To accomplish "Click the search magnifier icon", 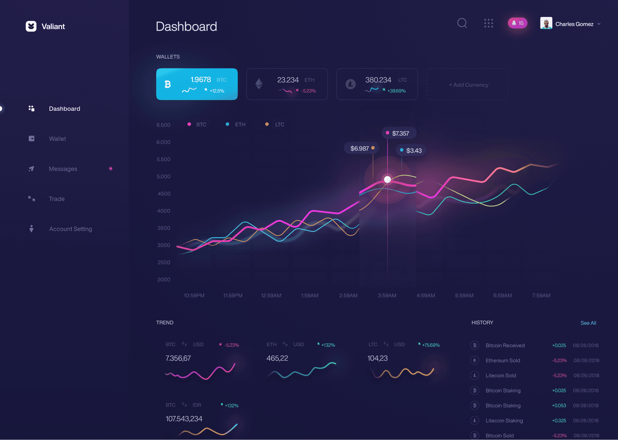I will (x=462, y=23).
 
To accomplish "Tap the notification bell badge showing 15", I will (x=518, y=23).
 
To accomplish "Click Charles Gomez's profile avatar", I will (x=546, y=23).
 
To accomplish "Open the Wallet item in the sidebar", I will (x=57, y=139).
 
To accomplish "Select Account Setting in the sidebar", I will (x=70, y=229).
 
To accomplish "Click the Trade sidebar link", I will (x=57, y=199).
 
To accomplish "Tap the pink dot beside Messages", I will (x=111, y=169).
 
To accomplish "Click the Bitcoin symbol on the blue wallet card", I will (x=168, y=84).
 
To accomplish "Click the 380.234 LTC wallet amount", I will (x=378, y=80).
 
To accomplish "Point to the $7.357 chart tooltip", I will (x=399, y=133).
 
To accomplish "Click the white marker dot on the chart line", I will (x=387, y=179).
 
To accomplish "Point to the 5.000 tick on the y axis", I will (x=163, y=177).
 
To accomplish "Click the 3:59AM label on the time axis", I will (x=387, y=296).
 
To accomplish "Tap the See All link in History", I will (x=588, y=323).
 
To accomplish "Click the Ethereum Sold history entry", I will (x=503, y=360).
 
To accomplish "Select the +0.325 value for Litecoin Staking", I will (x=559, y=421).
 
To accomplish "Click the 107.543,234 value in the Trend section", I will (x=184, y=419).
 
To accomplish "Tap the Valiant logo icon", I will (x=31, y=26).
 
